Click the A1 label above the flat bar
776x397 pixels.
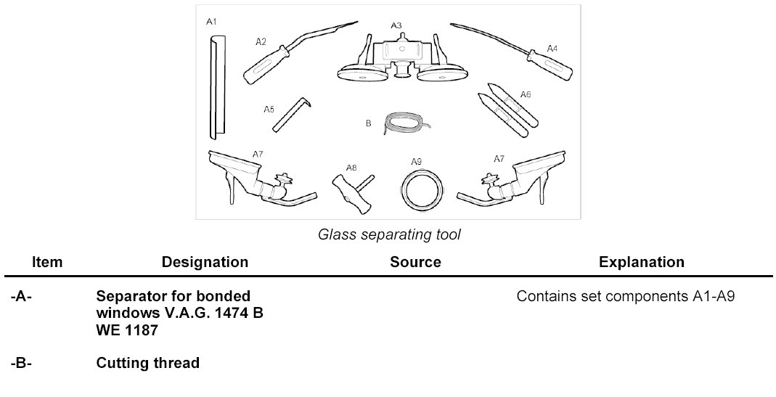click(211, 22)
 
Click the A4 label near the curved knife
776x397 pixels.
click(552, 49)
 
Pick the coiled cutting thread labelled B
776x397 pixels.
click(401, 121)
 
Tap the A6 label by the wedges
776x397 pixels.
click(526, 95)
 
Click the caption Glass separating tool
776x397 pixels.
click(389, 234)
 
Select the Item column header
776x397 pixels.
click(47, 262)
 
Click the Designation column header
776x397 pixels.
click(205, 262)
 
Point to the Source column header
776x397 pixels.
click(415, 262)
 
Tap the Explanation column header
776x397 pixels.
click(641, 262)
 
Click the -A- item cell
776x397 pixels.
click(23, 297)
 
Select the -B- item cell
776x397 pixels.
click(23, 363)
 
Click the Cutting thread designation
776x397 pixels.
click(147, 363)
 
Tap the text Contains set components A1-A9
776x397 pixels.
click(626, 297)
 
